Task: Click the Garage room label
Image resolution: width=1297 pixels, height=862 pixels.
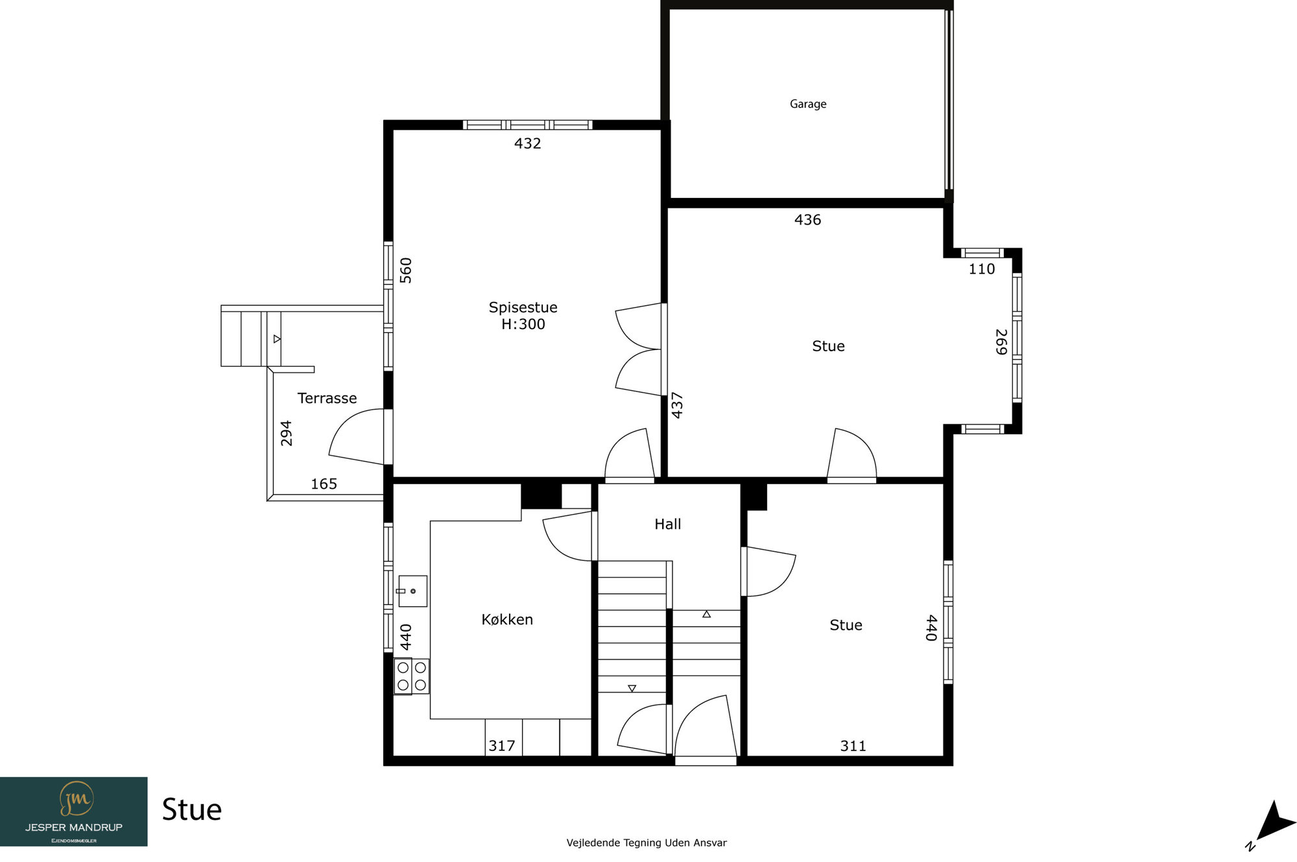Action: coord(808,104)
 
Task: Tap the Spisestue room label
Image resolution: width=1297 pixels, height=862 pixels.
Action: coord(523,307)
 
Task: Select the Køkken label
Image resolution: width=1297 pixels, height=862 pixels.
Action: coord(507,619)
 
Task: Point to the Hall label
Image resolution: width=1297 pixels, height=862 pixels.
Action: coord(667,524)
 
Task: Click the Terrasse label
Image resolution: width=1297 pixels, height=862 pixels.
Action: coord(327,398)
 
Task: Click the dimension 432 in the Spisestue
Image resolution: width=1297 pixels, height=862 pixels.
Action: coord(527,143)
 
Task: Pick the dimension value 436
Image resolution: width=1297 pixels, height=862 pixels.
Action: coord(807,220)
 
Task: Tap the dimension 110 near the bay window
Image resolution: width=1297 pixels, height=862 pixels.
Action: coord(981,269)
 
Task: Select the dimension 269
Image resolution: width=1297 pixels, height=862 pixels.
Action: coord(1001,342)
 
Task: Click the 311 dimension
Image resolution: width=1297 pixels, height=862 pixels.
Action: coord(853,746)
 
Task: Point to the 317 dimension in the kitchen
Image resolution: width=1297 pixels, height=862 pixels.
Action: coord(501,746)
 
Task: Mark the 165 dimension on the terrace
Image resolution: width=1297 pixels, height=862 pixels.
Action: coord(324,484)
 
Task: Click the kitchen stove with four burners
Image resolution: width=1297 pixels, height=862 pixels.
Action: coord(411,676)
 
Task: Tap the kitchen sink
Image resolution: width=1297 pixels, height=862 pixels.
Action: coord(412,591)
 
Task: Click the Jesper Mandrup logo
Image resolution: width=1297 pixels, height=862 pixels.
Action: coord(73,811)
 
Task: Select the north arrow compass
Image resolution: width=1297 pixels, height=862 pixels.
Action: coord(1272,825)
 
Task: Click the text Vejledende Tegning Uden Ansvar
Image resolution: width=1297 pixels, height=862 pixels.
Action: coord(647,843)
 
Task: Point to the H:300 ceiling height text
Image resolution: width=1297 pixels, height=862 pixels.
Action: coord(523,324)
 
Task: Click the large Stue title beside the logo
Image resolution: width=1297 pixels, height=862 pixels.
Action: coord(191,809)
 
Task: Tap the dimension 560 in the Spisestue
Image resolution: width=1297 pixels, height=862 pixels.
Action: coord(406,270)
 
